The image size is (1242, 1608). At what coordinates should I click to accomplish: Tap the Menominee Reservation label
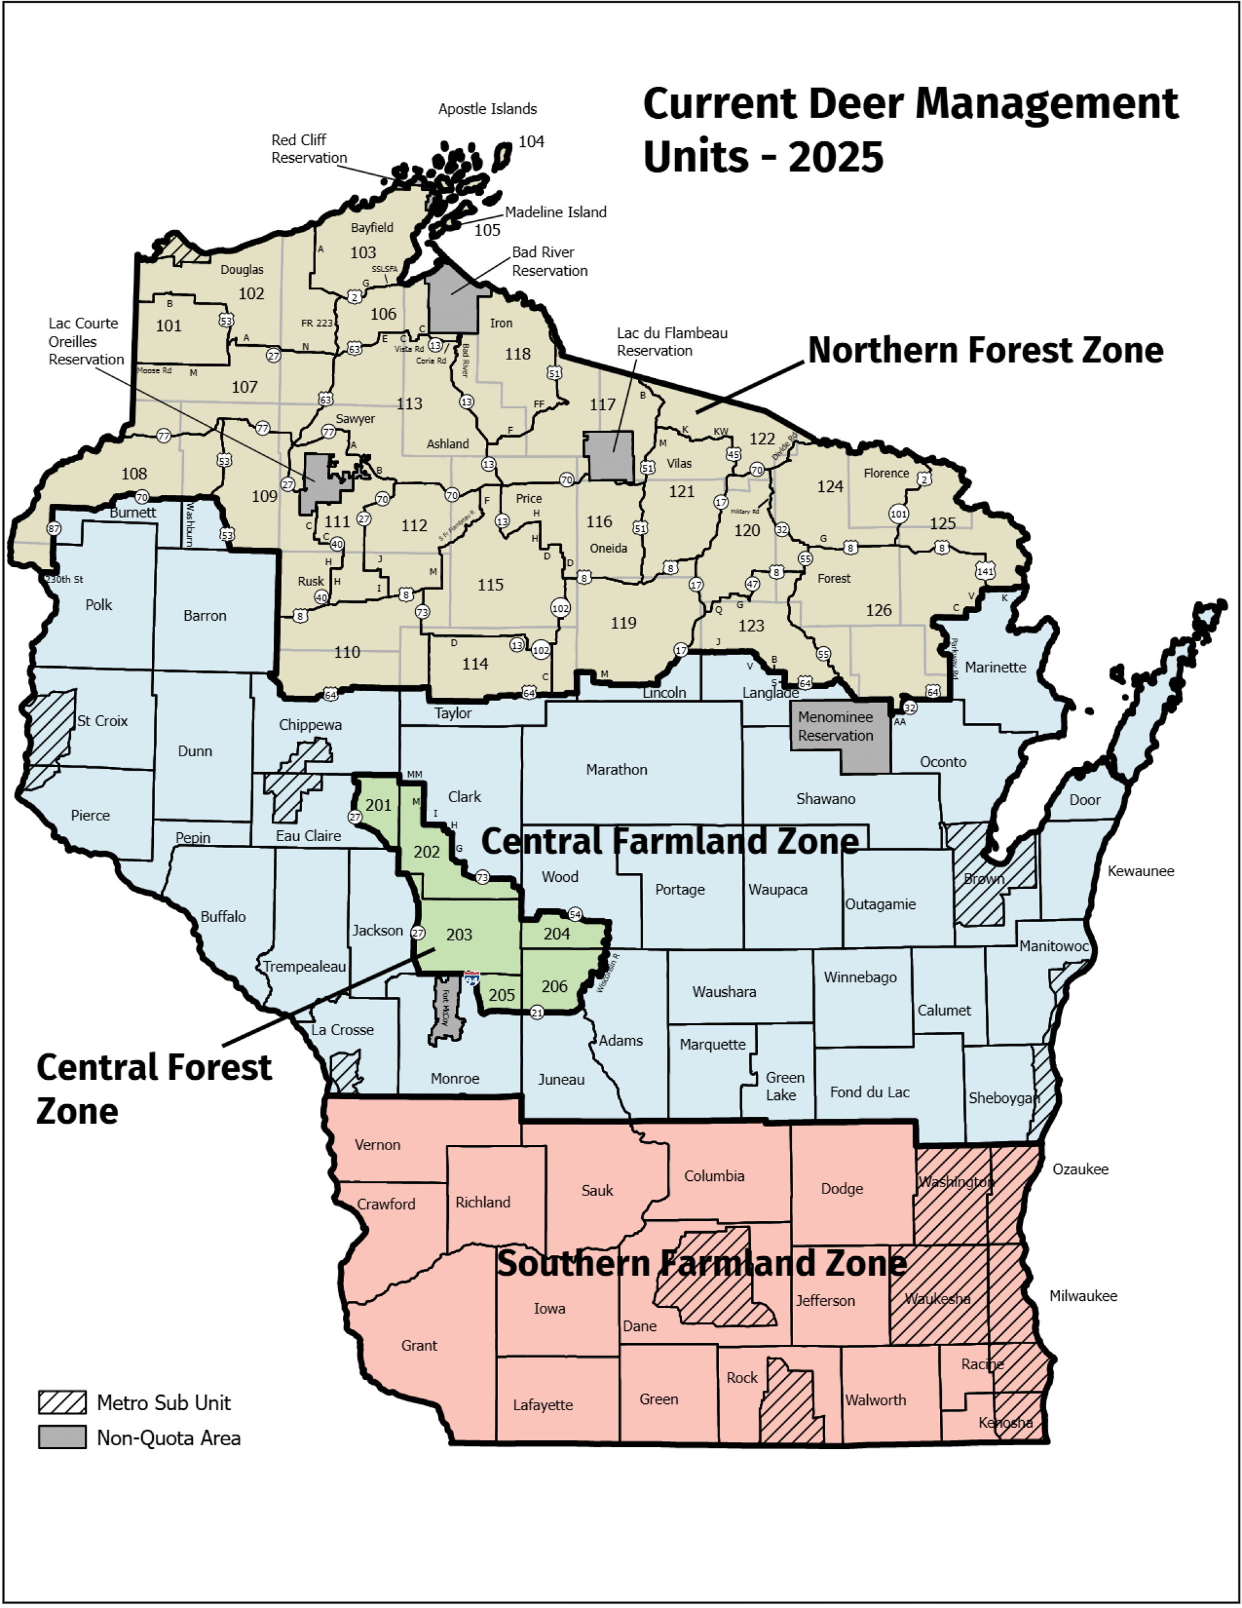click(835, 726)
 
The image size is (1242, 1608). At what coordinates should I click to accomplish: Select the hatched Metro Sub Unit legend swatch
click(63, 1403)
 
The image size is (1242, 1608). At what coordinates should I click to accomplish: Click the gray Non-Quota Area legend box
click(63, 1437)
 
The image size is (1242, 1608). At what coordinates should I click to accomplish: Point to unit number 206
click(554, 986)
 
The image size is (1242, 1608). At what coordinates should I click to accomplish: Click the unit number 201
click(379, 805)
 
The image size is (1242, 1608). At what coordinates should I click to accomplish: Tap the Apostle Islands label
click(487, 109)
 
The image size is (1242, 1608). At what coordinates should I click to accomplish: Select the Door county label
click(1084, 800)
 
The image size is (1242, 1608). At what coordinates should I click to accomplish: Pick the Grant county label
click(419, 1345)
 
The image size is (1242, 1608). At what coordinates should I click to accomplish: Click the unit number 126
click(878, 610)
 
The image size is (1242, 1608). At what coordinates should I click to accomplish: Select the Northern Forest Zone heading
click(985, 350)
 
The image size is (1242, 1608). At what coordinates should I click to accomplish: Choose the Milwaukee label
click(1083, 1296)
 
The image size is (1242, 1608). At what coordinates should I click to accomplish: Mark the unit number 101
click(169, 325)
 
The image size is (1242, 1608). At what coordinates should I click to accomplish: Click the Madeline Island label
click(555, 212)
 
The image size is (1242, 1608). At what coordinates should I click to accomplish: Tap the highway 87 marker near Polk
click(53, 529)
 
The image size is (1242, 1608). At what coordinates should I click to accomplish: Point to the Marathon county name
click(616, 769)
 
